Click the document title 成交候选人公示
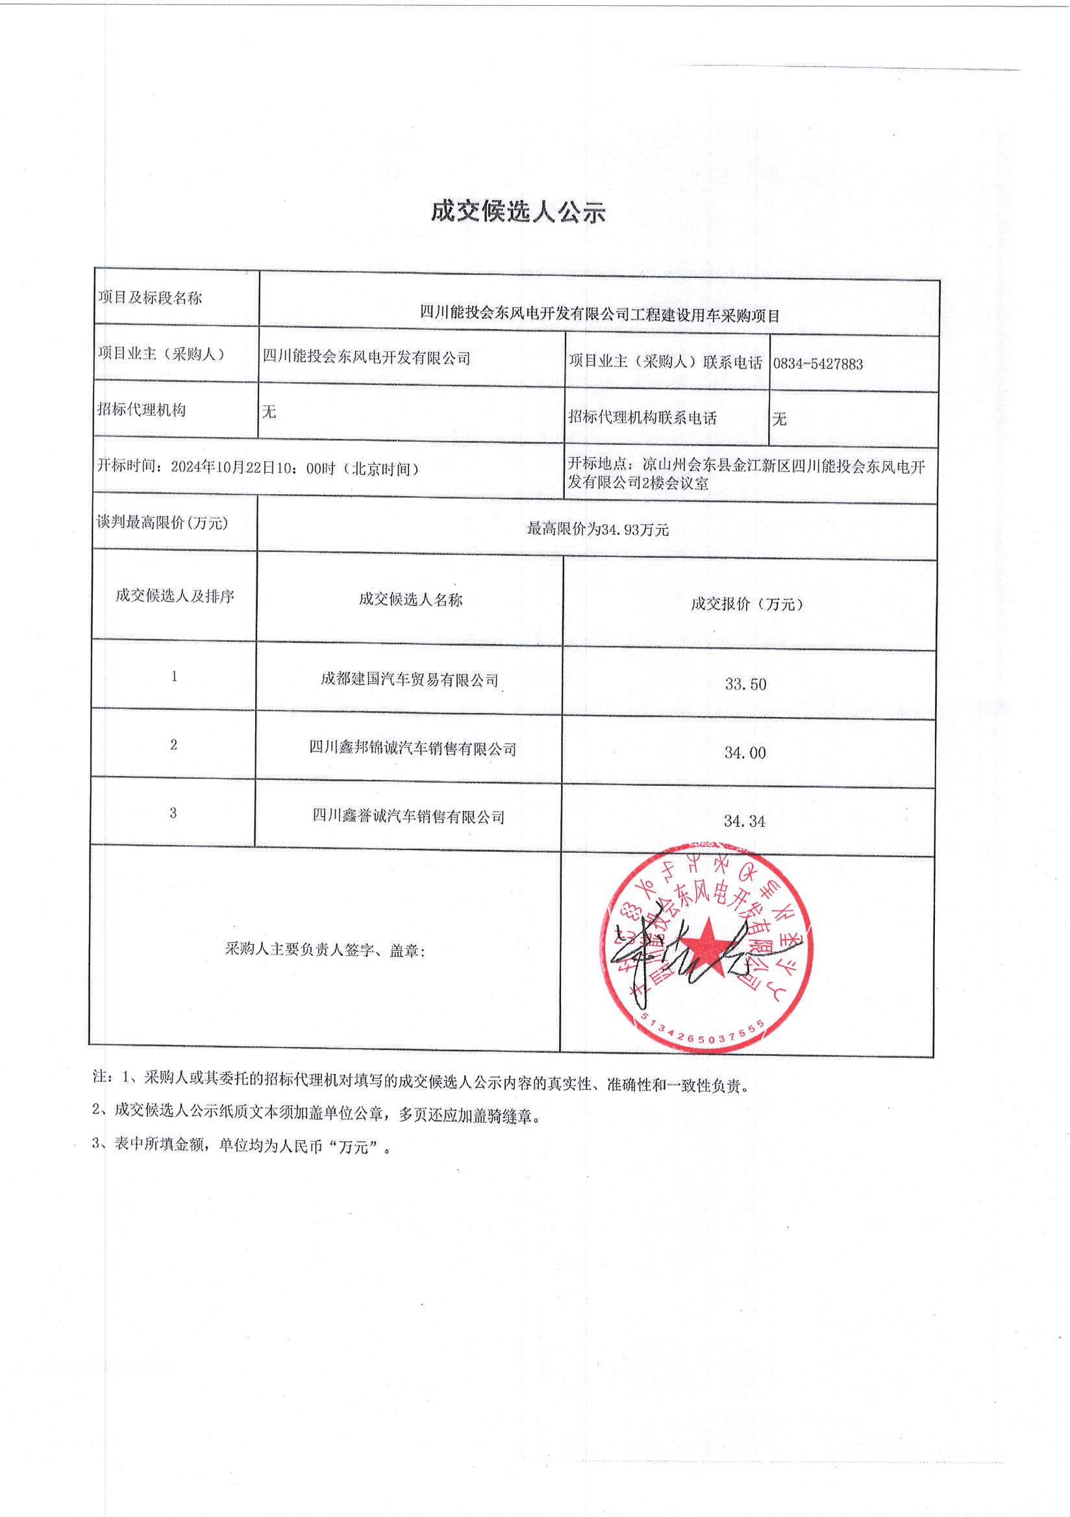pyautogui.click(x=518, y=212)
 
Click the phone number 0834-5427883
pyautogui.click(x=817, y=364)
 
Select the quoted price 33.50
pyautogui.click(x=746, y=684)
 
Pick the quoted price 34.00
pyautogui.click(x=745, y=753)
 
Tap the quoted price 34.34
pyautogui.click(x=744, y=821)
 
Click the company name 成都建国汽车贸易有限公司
pyautogui.click(x=410, y=680)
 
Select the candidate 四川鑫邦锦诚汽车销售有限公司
pyautogui.click(x=413, y=749)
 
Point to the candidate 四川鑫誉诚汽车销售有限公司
pyautogui.click(x=409, y=817)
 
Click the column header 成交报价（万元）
pyautogui.click(x=747, y=604)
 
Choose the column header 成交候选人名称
pyautogui.click(x=411, y=599)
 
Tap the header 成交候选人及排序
pyautogui.click(x=175, y=596)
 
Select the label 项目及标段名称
pyautogui.click(x=150, y=298)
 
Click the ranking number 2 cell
pyautogui.click(x=174, y=745)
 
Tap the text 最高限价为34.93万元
pyautogui.click(x=598, y=529)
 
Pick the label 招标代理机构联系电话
pyautogui.click(x=642, y=418)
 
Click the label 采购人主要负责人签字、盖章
pyautogui.click(x=325, y=950)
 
